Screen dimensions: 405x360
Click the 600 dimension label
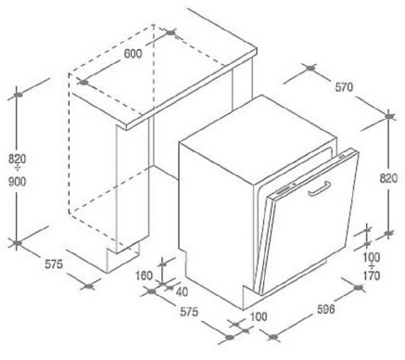(133, 54)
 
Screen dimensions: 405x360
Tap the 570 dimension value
(344, 87)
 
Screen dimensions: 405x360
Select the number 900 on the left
(17, 181)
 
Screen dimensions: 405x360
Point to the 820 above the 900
(17, 159)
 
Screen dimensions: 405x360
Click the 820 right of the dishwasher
(388, 178)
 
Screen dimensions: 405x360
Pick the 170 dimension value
(372, 276)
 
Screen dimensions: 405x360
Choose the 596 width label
(326, 309)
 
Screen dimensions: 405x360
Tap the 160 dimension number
(145, 276)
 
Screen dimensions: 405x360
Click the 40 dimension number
(182, 291)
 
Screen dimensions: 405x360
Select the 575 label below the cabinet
(54, 264)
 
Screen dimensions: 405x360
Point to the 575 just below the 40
(189, 312)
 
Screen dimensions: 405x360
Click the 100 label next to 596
(259, 316)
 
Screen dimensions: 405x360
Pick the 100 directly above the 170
(372, 257)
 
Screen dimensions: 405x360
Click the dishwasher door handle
(320, 188)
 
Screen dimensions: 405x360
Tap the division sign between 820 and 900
(18, 169)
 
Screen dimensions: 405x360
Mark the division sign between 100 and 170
(372, 266)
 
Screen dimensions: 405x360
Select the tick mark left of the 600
(83, 83)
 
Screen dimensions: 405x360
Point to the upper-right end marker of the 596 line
(359, 288)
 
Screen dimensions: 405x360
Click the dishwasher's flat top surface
(258, 136)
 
